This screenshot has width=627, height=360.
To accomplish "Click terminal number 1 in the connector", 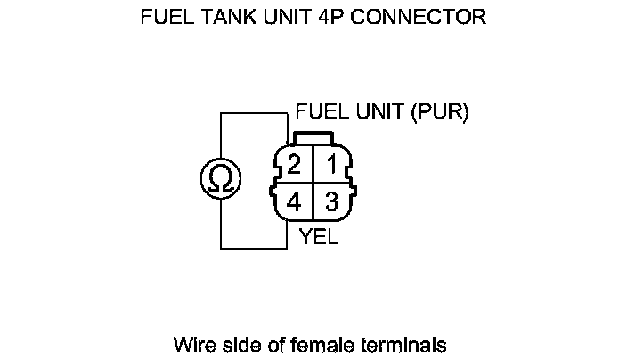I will [x=330, y=165].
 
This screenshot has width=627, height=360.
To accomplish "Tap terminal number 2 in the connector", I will [x=294, y=165].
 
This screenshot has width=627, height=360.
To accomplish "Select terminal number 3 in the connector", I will [x=331, y=202].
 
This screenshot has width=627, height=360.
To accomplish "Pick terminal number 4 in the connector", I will [x=294, y=202].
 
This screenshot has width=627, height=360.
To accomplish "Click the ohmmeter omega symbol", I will [x=220, y=179].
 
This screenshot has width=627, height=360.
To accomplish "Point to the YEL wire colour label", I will [x=319, y=238].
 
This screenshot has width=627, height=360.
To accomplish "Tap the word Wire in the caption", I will [x=192, y=343].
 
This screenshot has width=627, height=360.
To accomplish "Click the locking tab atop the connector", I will [x=313, y=139].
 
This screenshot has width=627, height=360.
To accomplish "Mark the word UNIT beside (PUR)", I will [x=378, y=112].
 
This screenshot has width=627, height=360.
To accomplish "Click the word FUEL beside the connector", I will [x=322, y=112].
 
